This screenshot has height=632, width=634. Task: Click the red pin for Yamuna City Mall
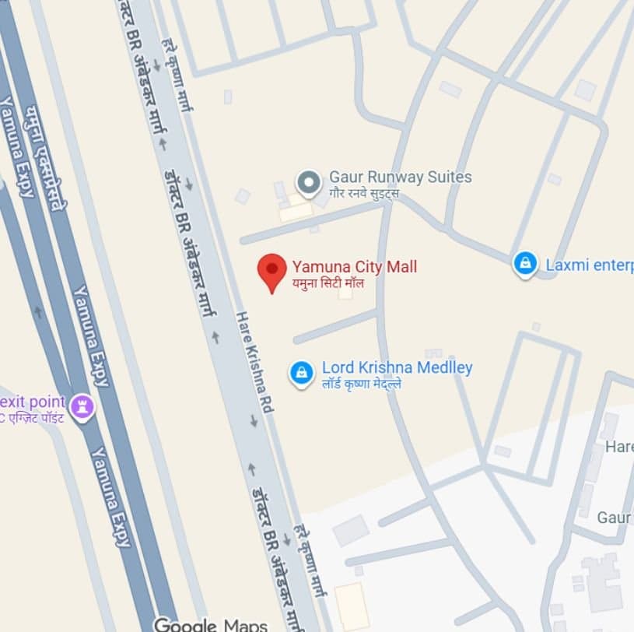[x=271, y=270]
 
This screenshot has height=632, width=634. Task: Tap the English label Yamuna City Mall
[x=354, y=267]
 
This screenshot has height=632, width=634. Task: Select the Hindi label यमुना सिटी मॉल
[x=328, y=283]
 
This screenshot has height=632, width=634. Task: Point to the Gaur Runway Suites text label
[x=400, y=177]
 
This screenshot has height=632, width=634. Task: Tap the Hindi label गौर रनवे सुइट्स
[x=363, y=192]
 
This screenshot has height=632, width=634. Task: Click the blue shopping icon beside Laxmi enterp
[x=526, y=264]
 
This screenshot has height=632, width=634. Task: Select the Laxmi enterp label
[x=589, y=265]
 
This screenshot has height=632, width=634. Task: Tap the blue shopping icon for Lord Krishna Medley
[x=300, y=373]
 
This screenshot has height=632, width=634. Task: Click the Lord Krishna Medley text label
[x=397, y=367]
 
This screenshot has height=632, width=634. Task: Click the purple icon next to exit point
[x=82, y=406]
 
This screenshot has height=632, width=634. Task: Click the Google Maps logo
[x=210, y=624]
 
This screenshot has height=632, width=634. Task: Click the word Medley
[x=446, y=367]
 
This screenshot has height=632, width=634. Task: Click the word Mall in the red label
[x=402, y=267]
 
